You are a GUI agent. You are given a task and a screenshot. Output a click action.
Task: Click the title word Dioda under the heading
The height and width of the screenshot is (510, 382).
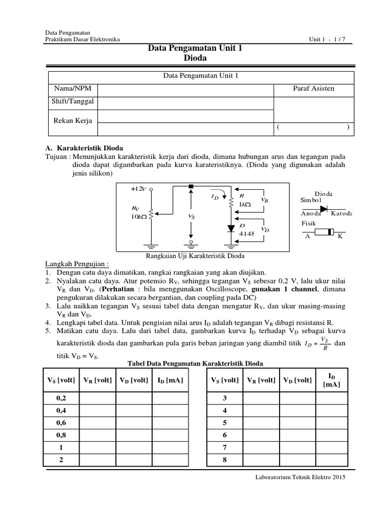pyautogui.click(x=195, y=58)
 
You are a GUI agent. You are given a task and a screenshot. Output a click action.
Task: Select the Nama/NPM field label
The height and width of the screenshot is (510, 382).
pyautogui.click(x=73, y=89)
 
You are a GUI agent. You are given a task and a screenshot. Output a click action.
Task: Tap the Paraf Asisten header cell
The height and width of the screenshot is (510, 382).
pyautogui.click(x=314, y=89)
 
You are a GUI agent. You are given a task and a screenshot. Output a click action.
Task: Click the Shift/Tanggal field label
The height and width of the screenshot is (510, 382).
pyautogui.click(x=73, y=102)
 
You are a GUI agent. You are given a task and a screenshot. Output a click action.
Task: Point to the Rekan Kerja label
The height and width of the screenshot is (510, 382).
pyautogui.click(x=73, y=120)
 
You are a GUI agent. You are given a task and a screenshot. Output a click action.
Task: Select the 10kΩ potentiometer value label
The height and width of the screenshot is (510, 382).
pyautogui.click(x=139, y=218)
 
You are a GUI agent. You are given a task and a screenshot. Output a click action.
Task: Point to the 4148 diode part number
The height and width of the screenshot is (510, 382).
pyautogui.click(x=247, y=233)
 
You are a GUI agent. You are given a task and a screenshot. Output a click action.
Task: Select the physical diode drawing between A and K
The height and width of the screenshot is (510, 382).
pyautogui.click(x=326, y=232)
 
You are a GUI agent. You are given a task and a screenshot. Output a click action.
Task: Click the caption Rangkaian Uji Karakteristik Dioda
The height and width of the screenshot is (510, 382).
pyautogui.click(x=194, y=256)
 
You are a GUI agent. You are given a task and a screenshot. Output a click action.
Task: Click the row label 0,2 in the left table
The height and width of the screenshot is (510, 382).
pyautogui.click(x=61, y=398)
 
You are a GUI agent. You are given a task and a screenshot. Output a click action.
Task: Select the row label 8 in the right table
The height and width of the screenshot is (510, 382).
pyautogui.click(x=224, y=460)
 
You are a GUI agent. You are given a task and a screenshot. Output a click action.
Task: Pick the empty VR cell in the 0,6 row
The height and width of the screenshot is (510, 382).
pyautogui.click(x=98, y=423)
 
